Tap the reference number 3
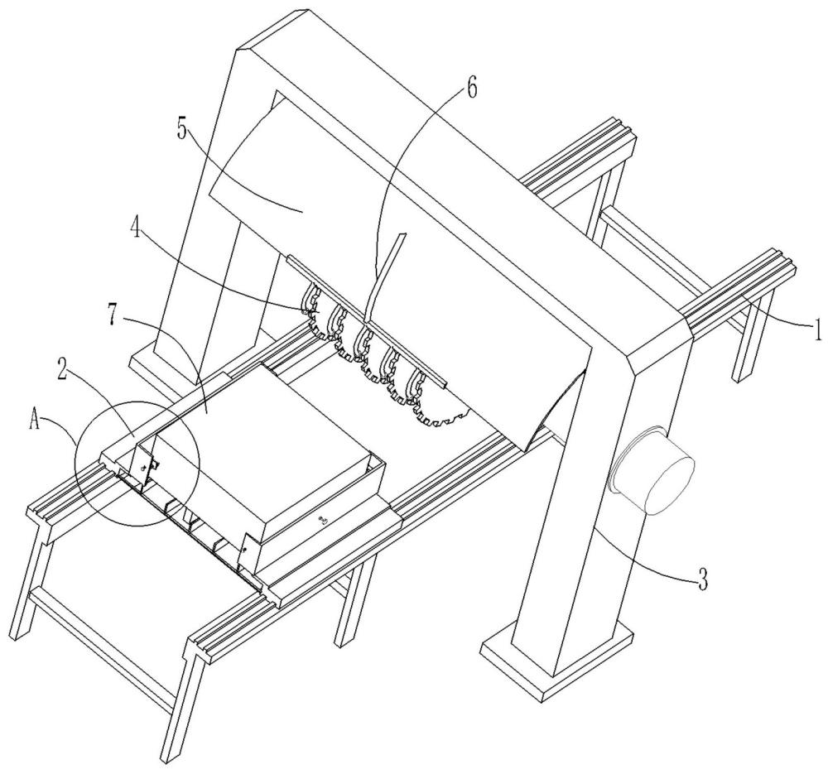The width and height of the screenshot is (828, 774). [x=702, y=579]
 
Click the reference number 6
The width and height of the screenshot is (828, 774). [x=471, y=88]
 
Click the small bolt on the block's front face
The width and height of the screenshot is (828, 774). [x=323, y=521]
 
